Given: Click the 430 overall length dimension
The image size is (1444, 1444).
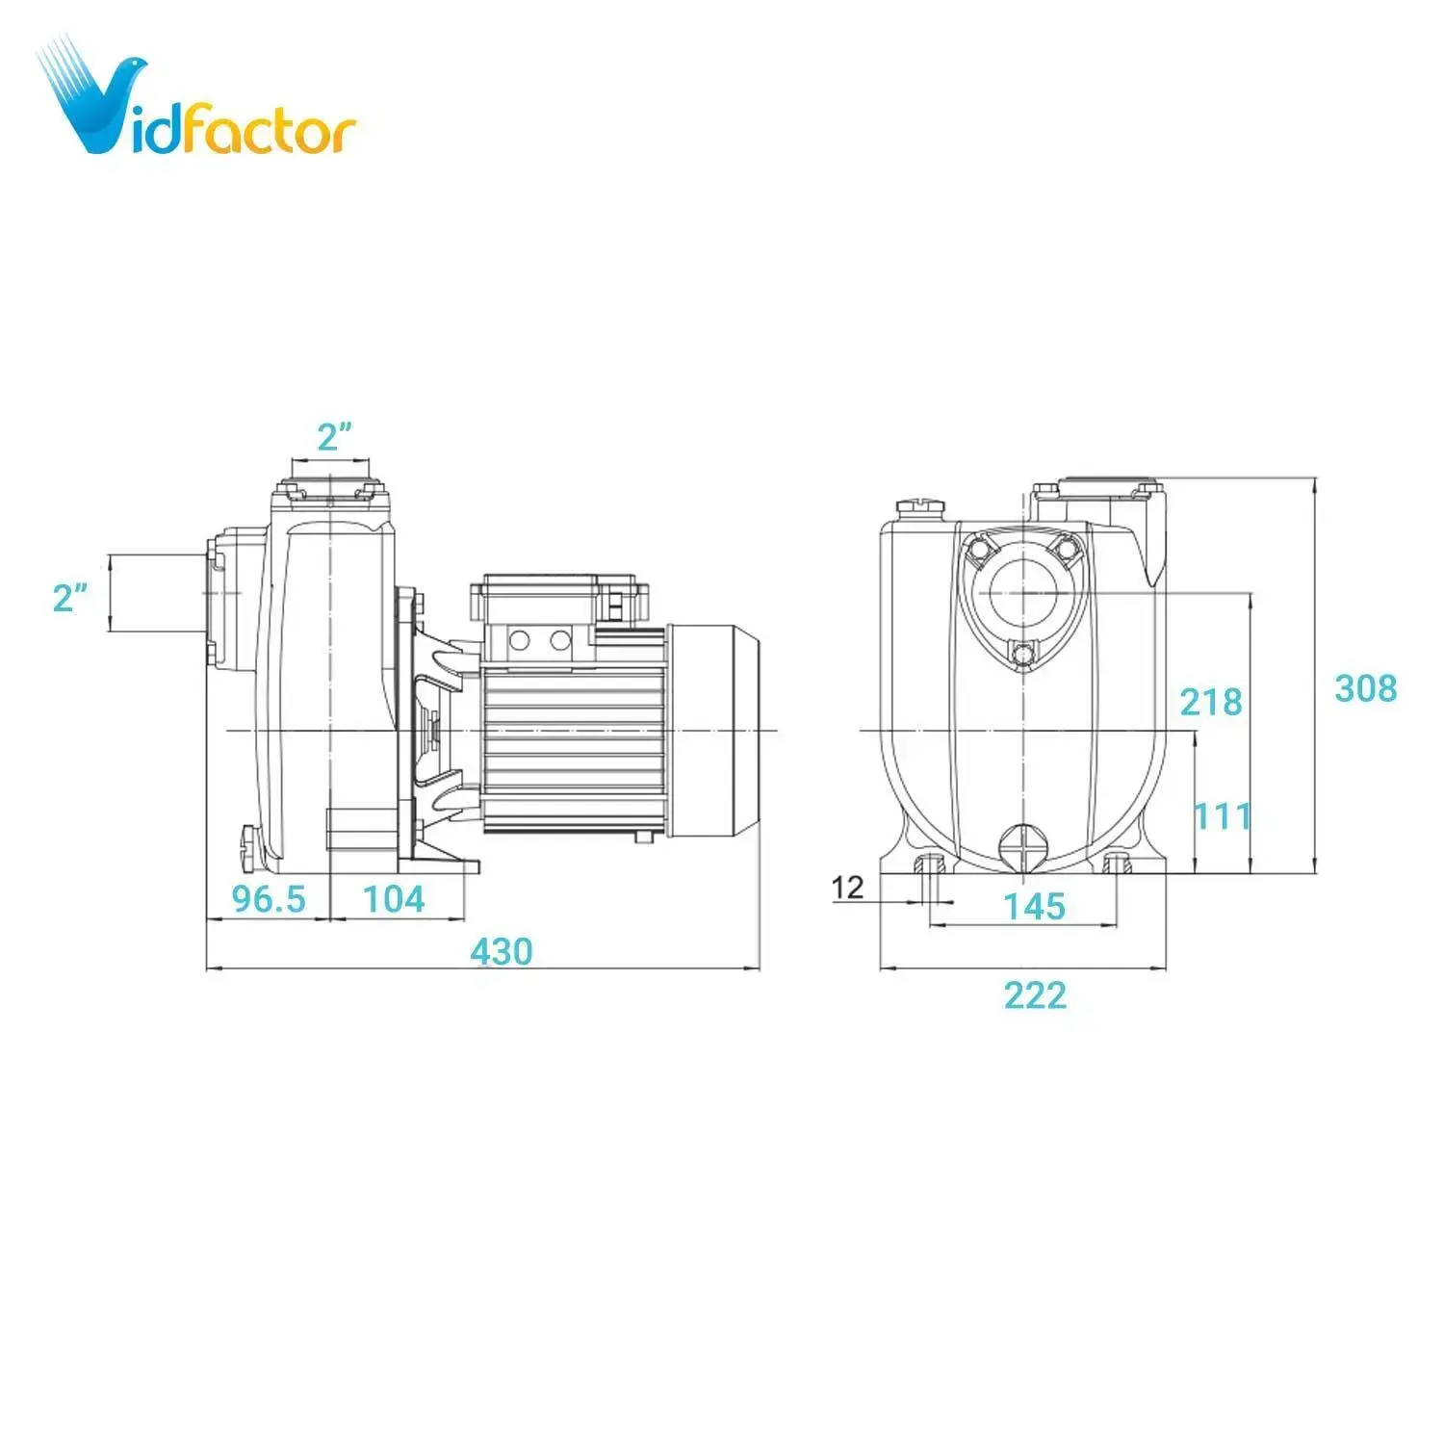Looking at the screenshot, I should [501, 951].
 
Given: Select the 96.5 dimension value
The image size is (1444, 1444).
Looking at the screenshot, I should [269, 899].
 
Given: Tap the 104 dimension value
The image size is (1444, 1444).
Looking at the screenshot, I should [394, 899].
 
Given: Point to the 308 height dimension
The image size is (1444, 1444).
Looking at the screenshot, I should [1365, 688].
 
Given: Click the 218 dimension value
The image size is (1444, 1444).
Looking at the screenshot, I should [1211, 703].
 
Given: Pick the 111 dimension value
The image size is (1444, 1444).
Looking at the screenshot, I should [1223, 816].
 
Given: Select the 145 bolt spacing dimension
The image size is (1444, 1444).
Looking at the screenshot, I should [1034, 906].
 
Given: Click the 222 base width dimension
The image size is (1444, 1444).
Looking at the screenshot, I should [1035, 994].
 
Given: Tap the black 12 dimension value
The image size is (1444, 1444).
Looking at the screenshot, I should [847, 887].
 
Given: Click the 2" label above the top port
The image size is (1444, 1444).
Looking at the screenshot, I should [333, 438].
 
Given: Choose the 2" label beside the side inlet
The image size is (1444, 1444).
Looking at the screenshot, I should [70, 598].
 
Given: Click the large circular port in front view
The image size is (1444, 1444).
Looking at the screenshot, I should [1022, 593].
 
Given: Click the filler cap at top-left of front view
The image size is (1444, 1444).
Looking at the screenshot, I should [920, 507].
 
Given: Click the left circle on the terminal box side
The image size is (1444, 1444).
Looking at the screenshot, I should [521, 640].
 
